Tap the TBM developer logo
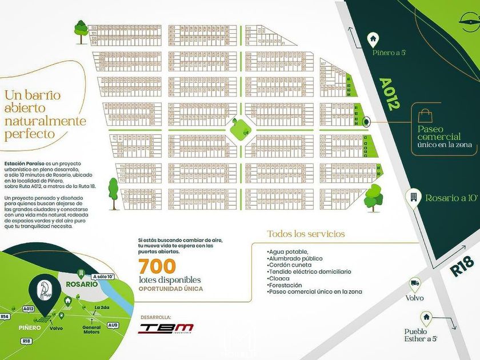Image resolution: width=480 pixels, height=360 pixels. (x=167, y=328)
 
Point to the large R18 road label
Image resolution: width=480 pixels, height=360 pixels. (x=458, y=267)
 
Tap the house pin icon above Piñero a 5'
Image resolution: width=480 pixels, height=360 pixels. (x=373, y=39)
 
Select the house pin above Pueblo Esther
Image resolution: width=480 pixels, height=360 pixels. (x=426, y=317)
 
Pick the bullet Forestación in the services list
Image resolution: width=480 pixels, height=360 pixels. (x=286, y=285)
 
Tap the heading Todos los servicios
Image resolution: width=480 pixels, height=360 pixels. (x=306, y=234)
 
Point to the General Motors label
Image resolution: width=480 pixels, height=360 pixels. (x=91, y=330)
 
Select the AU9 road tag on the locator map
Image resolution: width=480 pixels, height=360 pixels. (x=113, y=325)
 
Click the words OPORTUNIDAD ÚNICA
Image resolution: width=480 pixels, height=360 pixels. (x=170, y=289)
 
